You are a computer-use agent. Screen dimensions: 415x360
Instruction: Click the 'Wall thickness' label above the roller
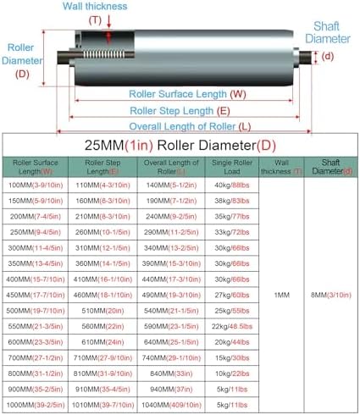(96, 7)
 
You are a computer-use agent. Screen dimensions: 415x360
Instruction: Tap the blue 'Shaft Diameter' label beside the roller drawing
(325, 32)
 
